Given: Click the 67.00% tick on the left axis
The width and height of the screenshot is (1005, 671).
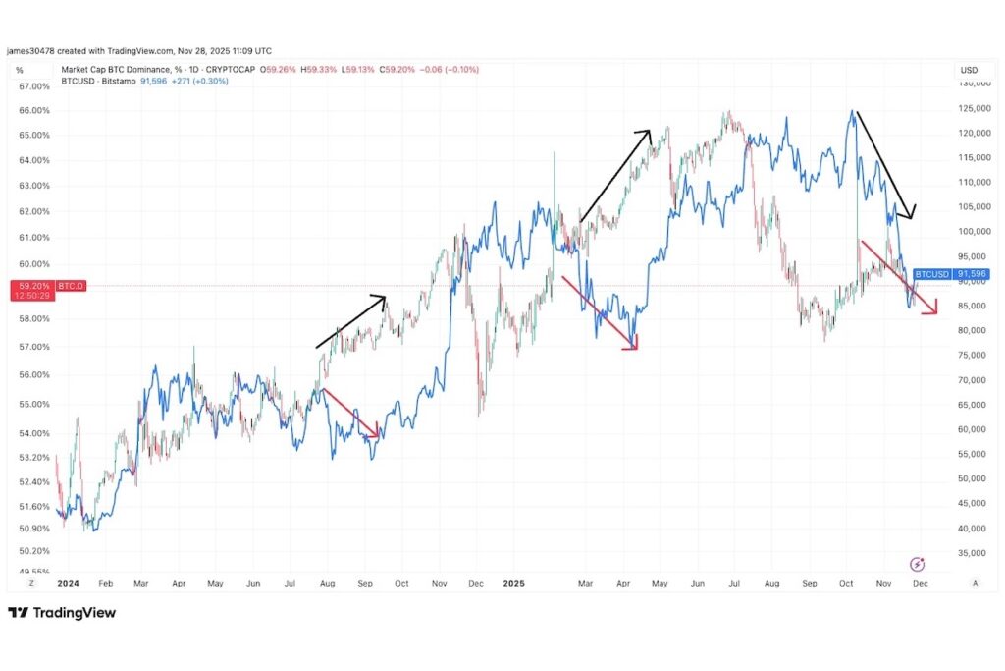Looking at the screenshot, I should point(34,86).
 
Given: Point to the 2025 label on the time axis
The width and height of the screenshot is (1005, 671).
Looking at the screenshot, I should point(514,583).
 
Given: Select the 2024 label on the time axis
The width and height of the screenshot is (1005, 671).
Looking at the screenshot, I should point(68,583).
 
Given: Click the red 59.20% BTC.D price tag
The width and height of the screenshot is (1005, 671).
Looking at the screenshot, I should point(32,286).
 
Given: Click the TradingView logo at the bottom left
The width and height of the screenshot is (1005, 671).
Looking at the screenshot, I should point(62,613).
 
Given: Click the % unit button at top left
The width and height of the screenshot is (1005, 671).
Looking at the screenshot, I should point(19,71).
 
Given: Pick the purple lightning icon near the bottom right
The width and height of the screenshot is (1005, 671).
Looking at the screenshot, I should point(917,564).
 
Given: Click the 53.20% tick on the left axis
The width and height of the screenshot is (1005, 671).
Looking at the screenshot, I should point(34,458).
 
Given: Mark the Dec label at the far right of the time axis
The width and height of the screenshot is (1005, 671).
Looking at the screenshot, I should point(921,583).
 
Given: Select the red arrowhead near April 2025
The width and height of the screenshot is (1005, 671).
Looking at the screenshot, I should point(632,342).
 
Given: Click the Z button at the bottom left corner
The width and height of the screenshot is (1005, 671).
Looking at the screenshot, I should point(30,583).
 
